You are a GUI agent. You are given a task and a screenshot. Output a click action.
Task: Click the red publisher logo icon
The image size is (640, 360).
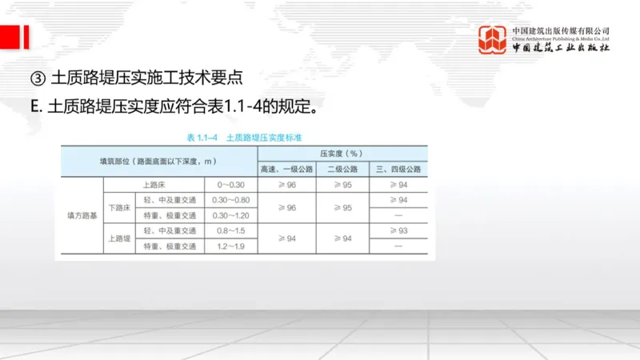493,40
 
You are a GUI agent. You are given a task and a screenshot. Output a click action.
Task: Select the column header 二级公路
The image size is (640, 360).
342,169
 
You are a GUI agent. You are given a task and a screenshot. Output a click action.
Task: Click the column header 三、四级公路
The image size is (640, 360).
398,169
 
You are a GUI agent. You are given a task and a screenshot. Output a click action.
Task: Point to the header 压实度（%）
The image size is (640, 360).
342,152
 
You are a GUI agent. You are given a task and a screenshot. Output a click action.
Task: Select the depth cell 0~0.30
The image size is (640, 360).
230,185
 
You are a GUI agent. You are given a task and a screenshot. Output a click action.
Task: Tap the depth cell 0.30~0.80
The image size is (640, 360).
230,200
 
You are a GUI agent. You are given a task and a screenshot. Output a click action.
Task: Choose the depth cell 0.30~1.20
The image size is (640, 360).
230,215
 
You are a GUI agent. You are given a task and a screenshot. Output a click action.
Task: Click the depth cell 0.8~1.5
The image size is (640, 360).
230,230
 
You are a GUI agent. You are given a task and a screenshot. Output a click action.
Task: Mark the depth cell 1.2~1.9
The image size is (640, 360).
230,246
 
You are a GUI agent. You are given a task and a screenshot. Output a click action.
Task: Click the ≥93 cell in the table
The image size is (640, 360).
398,230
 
